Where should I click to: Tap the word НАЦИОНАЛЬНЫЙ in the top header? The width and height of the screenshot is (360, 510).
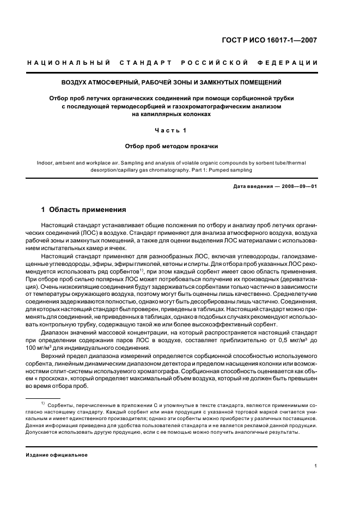69,63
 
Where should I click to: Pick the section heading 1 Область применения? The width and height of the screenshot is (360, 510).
84,210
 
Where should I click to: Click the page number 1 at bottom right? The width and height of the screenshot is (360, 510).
316,466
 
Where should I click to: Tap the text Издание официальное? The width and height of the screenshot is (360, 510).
57,454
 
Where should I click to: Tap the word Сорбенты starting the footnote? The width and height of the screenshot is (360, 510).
61,406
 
